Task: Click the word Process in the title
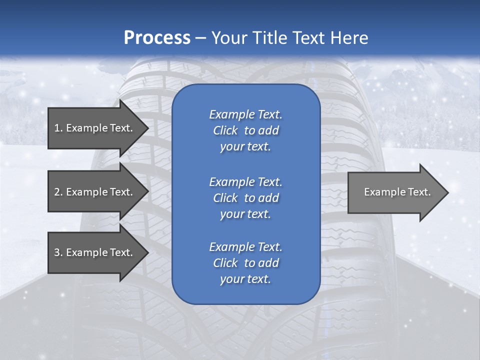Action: pos(157,38)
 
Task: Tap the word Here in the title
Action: pos(349,37)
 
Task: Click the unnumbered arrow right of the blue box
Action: pos(398,192)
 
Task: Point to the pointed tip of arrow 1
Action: pos(149,128)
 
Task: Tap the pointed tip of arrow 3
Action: pos(149,252)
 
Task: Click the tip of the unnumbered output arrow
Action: pos(448,192)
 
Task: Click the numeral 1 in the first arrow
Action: pos(56,128)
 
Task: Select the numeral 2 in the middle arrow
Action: pos(56,192)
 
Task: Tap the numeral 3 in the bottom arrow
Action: pos(56,252)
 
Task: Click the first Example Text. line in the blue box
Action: pos(246,114)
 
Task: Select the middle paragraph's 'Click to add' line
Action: pos(246,198)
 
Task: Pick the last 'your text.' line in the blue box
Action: pos(245,279)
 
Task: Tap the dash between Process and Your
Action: pos(201,39)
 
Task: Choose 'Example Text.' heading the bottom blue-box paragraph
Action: pos(246,247)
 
